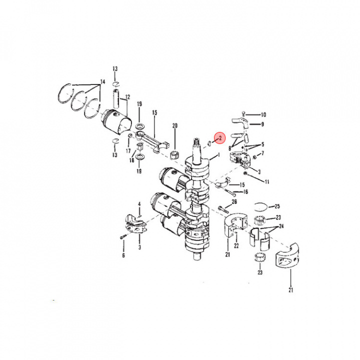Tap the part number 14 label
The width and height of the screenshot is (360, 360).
[x=103, y=81]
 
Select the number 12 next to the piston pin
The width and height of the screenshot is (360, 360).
[x=127, y=97]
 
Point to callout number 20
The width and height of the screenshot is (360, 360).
[x=175, y=125]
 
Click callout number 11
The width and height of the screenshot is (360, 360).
[x=267, y=181]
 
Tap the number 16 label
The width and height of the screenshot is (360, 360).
[x=245, y=192]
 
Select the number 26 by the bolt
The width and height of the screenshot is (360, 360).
[x=234, y=202]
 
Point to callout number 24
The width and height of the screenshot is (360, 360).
[x=281, y=226]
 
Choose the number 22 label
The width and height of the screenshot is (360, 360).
[x=236, y=245]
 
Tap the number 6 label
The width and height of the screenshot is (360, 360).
[x=123, y=255]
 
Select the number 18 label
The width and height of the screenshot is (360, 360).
[x=132, y=160]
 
